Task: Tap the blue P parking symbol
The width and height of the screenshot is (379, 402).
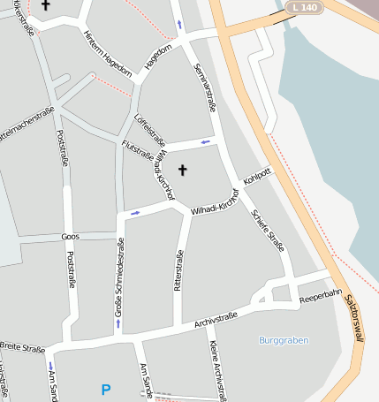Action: click(106, 389)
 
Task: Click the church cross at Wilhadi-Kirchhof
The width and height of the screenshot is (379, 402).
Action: click(184, 169)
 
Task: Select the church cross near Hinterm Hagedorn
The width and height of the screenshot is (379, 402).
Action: click(45, 5)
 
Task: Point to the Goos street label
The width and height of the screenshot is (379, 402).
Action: click(70, 237)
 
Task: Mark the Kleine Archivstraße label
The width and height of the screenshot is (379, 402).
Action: click(216, 367)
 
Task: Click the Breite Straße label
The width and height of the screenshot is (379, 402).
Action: click(21, 347)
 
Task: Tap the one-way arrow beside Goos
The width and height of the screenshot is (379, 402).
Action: click(135, 212)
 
